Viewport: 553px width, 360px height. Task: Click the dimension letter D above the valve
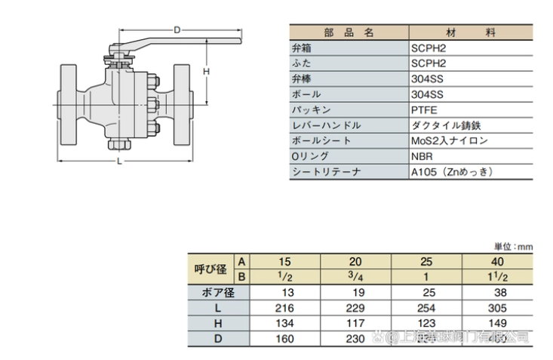coord(175,30)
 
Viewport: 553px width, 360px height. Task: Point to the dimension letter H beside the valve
coord(205,70)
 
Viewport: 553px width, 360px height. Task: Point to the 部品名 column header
coord(349,32)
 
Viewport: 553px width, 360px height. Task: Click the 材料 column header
coord(470,32)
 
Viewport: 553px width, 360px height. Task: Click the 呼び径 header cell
coord(210,268)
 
